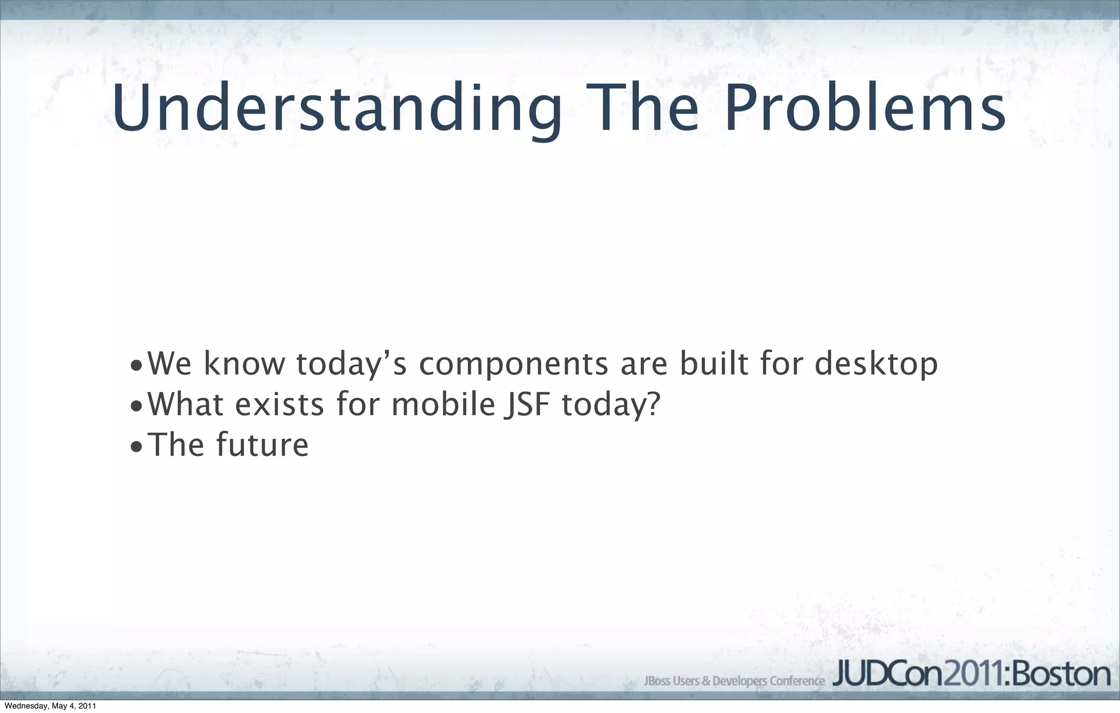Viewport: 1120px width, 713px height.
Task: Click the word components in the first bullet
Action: point(513,365)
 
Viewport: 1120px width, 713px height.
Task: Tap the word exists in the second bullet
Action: point(279,404)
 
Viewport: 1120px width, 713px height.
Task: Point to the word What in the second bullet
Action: point(185,404)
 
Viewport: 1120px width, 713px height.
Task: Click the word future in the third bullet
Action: point(262,445)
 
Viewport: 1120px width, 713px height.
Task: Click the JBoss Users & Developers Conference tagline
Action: point(734,681)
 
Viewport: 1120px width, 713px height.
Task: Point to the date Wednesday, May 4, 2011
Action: point(50,706)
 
